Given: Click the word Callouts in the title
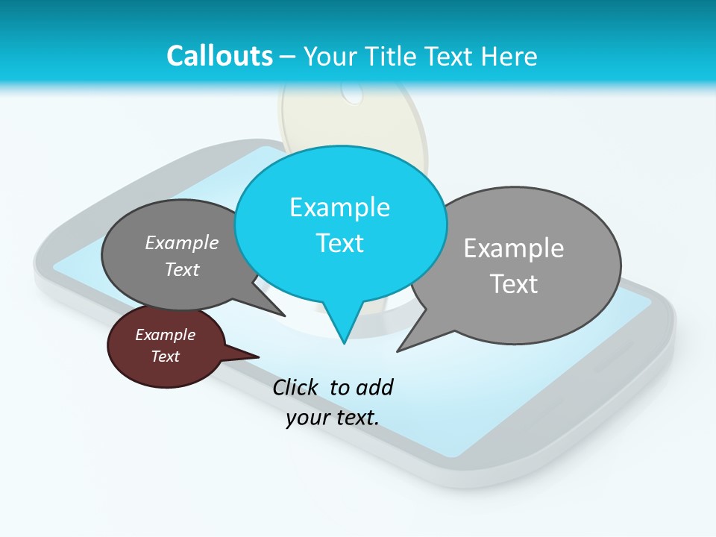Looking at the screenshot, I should (219, 56).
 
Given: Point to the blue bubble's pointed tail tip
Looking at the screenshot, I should (344, 343).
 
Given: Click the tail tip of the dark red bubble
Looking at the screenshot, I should (258, 357).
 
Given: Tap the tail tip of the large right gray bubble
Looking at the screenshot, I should (398, 351).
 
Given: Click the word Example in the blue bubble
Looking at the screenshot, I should (339, 207).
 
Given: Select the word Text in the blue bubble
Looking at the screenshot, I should (339, 243).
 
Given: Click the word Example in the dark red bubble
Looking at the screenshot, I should (165, 335).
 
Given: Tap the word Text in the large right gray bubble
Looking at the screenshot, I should (514, 284).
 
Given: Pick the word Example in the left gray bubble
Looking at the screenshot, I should (182, 242).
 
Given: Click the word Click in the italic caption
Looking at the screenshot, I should (295, 387).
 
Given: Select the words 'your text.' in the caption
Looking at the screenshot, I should (333, 418).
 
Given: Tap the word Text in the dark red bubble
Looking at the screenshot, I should (165, 357).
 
